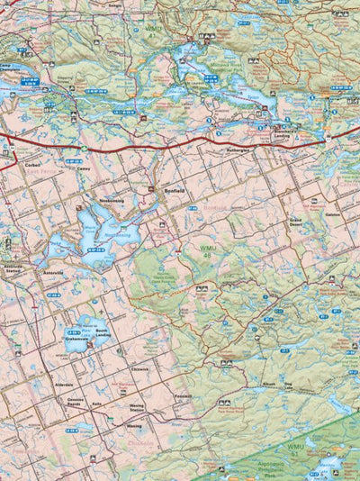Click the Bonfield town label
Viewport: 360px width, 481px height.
coord(175,191)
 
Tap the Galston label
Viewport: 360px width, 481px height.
coord(332,214)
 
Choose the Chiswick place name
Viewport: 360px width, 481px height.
coord(139,369)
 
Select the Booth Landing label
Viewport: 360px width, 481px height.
coord(102,334)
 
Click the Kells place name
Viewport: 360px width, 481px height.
coord(96,404)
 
